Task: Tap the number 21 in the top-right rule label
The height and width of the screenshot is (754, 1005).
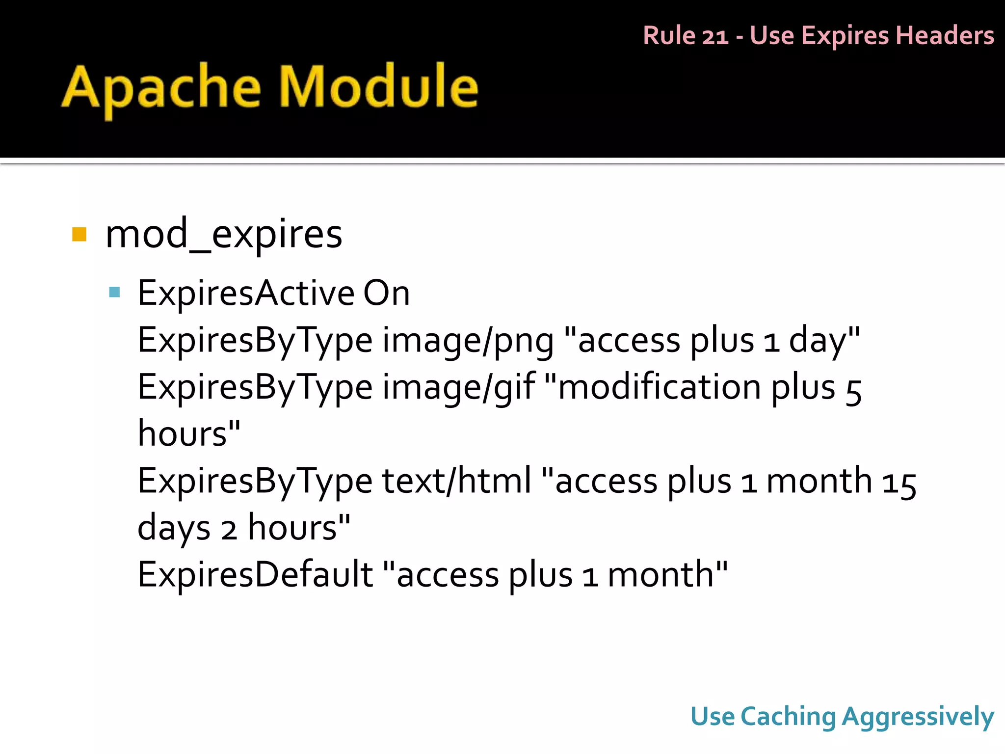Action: [715, 36]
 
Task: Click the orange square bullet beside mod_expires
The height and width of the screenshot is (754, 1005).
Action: [79, 235]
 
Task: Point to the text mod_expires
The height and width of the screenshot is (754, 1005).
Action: [223, 235]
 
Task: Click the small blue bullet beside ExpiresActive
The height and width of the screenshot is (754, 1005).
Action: [115, 293]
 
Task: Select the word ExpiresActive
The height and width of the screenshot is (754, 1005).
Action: [245, 294]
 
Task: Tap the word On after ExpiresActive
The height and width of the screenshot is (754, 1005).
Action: [386, 294]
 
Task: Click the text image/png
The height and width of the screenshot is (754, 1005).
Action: [468, 340]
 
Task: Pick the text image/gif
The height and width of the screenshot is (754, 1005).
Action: [458, 387]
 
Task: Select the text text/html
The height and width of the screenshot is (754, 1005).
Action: [456, 481]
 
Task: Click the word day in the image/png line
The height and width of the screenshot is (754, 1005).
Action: [818, 340]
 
